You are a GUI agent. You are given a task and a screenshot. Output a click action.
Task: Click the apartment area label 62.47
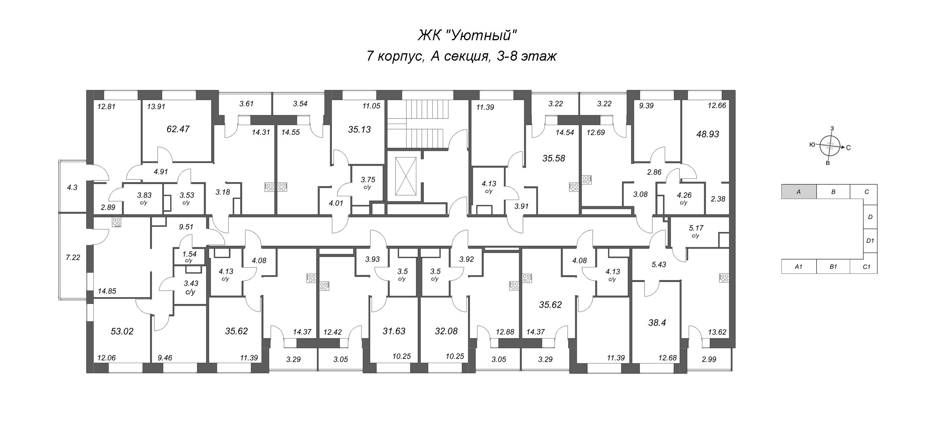178,129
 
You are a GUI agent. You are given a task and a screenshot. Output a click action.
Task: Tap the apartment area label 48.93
708,134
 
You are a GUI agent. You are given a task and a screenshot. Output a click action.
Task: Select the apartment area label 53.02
122,331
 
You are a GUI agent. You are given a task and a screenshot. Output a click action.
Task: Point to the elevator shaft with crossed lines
406,176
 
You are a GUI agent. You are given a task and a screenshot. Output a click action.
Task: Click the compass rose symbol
830,146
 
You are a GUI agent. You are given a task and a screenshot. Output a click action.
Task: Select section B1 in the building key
833,267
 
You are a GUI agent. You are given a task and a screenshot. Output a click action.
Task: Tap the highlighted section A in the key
798,192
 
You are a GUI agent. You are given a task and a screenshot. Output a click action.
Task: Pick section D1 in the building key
870,241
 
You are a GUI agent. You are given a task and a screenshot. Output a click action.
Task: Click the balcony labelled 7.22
73,257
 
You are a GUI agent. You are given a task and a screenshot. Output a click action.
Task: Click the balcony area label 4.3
72,187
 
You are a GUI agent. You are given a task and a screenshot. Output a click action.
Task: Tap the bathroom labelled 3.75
368,182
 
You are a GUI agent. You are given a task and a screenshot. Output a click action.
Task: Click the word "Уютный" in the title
482,36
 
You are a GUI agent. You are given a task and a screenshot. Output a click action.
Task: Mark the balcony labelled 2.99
709,359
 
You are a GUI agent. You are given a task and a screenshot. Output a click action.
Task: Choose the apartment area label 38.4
657,322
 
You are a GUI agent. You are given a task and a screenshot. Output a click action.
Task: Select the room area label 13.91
156,107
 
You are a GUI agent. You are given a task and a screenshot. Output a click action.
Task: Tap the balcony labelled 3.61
246,104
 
